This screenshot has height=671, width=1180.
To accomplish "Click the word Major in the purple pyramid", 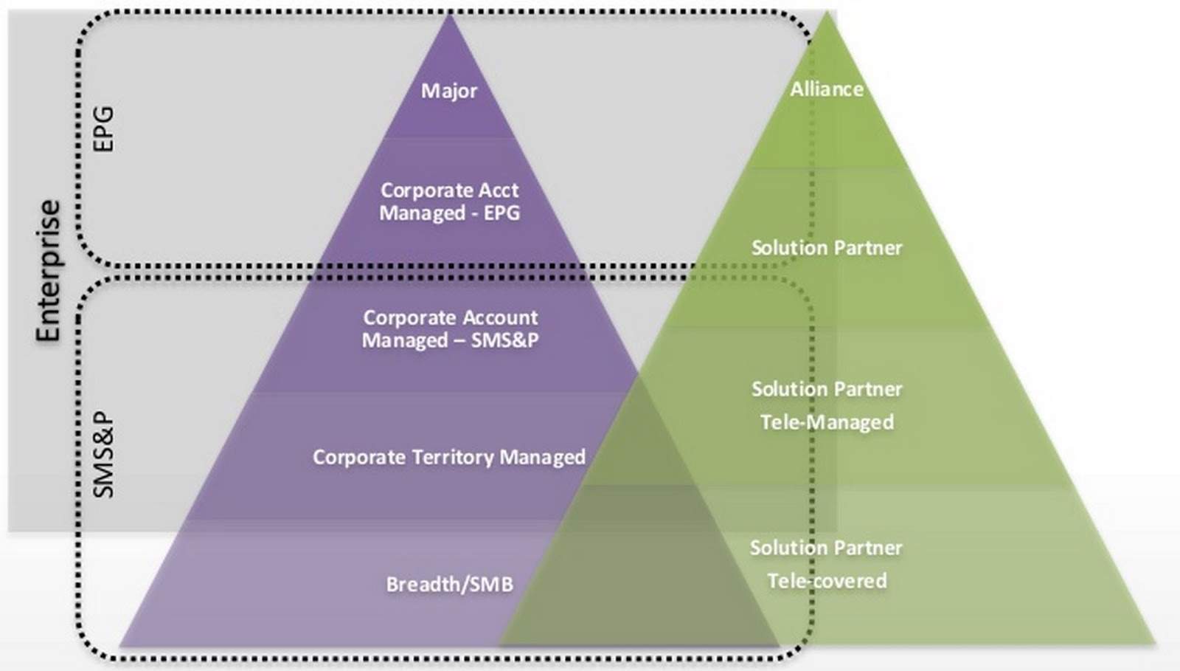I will tap(449, 91).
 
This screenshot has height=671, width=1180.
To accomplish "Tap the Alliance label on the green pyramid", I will tap(827, 89).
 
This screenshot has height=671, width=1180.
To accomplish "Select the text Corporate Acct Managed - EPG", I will tap(449, 202).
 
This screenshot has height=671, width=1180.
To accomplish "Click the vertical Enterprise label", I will tap(49, 270).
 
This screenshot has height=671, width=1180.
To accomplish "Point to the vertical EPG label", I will tap(104, 129).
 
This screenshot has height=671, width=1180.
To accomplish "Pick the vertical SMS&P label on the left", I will tap(104, 454).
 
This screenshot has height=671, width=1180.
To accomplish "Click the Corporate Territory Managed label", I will tap(449, 457).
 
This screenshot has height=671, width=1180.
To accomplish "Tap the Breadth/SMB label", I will tap(449, 585).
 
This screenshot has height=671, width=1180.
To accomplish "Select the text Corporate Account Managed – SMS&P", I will tap(449, 329).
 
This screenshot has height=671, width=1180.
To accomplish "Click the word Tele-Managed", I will tap(827, 422).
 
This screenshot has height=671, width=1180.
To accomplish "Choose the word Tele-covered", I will tap(827, 581).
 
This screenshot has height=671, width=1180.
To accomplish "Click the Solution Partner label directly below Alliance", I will tap(827, 247).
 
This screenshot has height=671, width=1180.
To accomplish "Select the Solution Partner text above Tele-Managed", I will tap(827, 389).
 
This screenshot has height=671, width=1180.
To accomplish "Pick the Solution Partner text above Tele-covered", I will tap(827, 548).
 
